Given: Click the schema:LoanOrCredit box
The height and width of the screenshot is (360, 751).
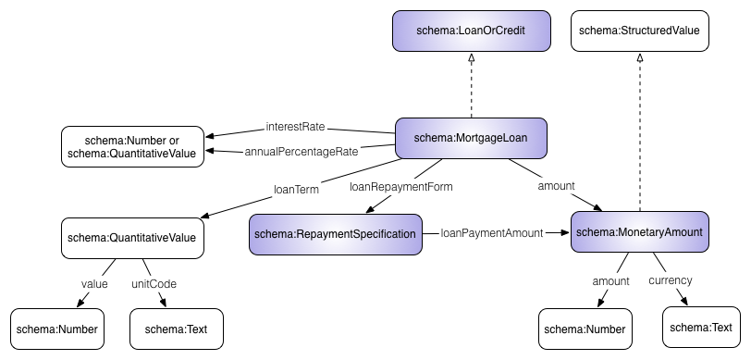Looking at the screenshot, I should [x=472, y=31].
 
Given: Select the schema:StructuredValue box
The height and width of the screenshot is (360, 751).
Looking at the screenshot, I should [x=640, y=31].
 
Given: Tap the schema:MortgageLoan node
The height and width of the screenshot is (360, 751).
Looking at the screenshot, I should [x=471, y=138].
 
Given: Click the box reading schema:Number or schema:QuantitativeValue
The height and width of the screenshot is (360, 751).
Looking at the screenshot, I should [x=132, y=146].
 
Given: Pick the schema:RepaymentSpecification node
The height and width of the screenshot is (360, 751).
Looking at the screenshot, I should [x=335, y=234].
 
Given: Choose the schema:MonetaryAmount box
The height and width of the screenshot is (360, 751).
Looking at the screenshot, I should [x=639, y=231].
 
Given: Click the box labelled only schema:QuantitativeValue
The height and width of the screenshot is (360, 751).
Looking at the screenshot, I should [x=132, y=238].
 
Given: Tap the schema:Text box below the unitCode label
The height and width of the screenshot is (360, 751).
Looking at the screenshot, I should [x=177, y=329].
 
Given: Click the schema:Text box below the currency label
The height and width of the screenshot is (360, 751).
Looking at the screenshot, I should [x=700, y=327].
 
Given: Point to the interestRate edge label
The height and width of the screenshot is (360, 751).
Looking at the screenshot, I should [x=296, y=126].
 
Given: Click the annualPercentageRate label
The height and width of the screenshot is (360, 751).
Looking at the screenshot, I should [x=302, y=151].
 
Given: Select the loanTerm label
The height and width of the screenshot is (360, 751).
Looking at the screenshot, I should [x=296, y=190].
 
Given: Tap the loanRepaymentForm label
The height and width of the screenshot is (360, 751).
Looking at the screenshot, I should [x=401, y=187].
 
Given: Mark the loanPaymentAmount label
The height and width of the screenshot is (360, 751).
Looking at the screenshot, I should [x=491, y=233].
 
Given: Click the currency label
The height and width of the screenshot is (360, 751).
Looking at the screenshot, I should [x=671, y=279].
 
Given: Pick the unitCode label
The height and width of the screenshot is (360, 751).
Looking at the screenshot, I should [x=154, y=283].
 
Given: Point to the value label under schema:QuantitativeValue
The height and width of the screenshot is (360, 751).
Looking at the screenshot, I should [x=94, y=283].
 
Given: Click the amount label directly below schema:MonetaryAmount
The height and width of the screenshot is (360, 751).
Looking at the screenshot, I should [x=610, y=280].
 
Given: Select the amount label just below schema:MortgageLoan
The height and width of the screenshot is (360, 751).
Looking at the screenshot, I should [x=557, y=186].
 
